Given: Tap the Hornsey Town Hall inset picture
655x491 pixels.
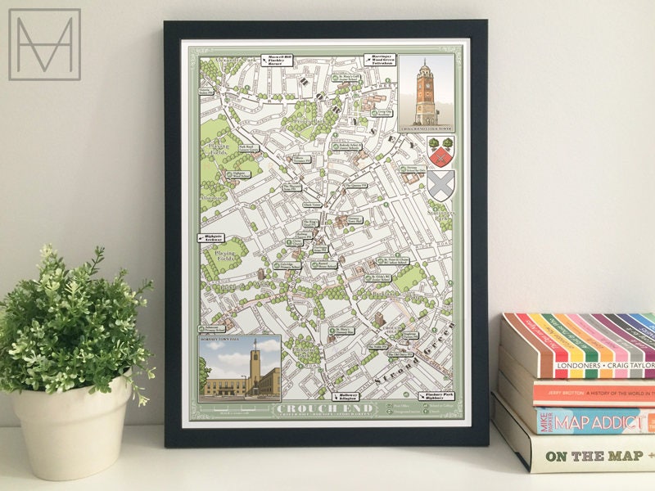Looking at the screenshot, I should [239, 367].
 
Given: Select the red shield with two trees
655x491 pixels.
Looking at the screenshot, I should [440, 151].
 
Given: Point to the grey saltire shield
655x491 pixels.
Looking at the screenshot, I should [440, 185].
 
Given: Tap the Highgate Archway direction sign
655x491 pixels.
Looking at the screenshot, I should [212, 237].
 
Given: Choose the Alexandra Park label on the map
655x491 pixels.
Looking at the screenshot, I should [215, 61].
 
